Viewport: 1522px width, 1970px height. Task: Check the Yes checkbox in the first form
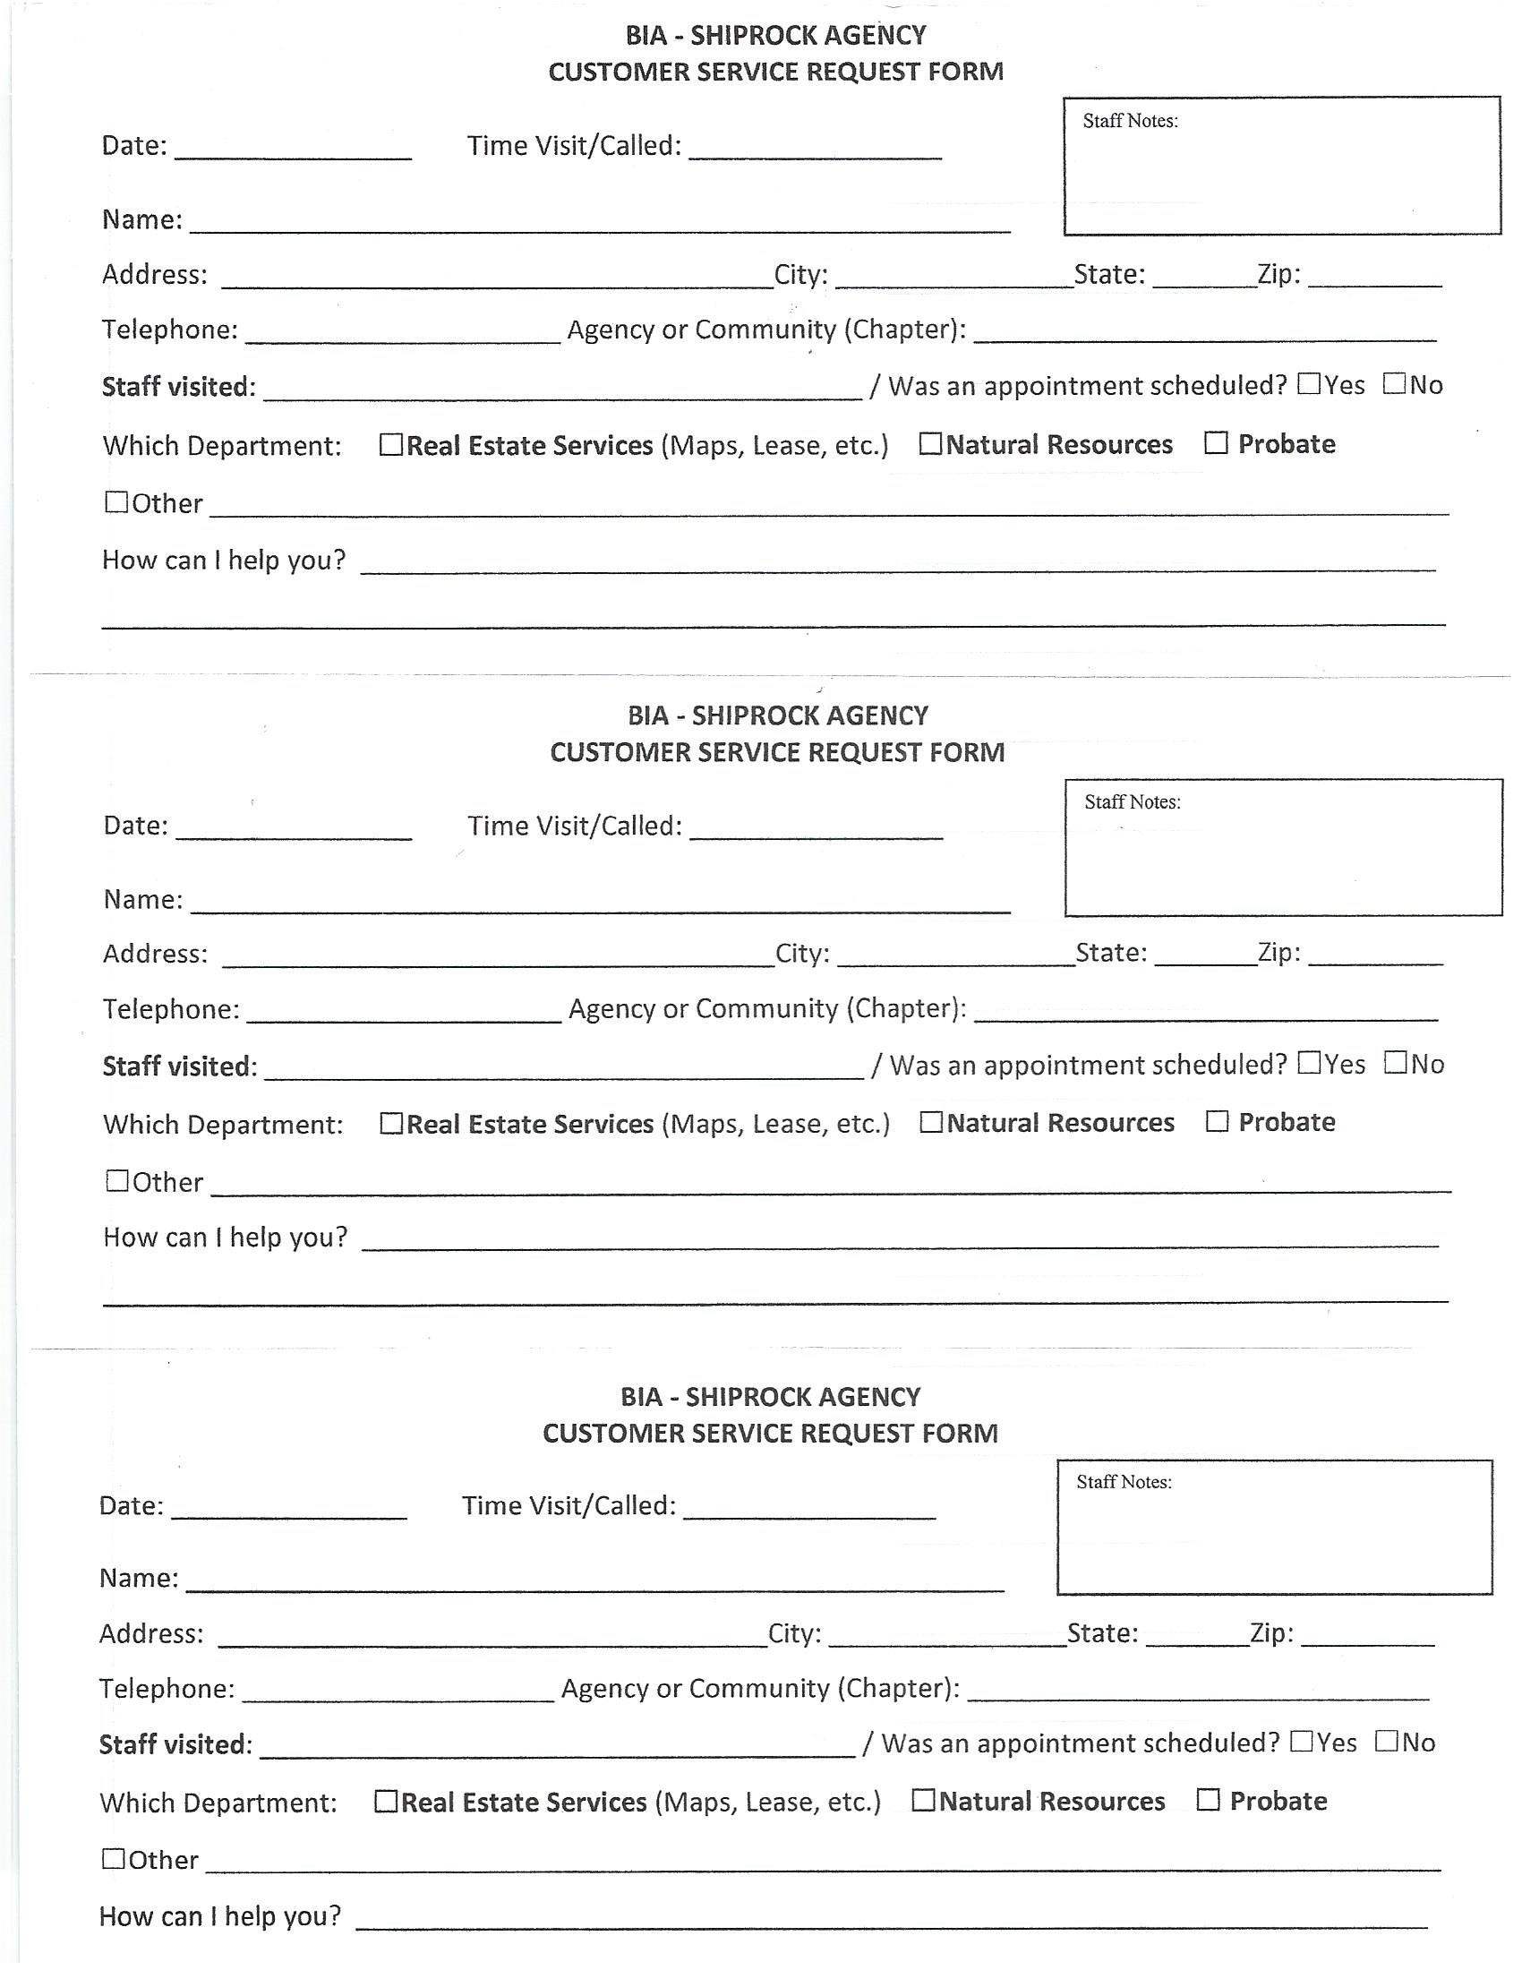tap(1309, 384)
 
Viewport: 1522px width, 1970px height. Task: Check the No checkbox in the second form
tap(1396, 1063)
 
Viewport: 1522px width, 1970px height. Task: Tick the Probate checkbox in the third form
tap(1209, 1800)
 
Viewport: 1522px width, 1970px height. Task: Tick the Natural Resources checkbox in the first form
tap(930, 444)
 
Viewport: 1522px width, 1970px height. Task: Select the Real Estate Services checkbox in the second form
tap(390, 1123)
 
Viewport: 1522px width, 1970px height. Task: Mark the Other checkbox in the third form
tap(114, 1858)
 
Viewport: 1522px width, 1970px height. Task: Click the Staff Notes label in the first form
tap(1130, 121)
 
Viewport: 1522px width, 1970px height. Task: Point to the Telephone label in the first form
tap(169, 330)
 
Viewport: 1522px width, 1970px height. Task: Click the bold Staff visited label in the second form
tap(179, 1066)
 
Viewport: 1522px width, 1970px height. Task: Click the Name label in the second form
tap(142, 899)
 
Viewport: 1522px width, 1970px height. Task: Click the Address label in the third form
tap(150, 1633)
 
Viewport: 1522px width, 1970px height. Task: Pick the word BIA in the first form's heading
tap(646, 35)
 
